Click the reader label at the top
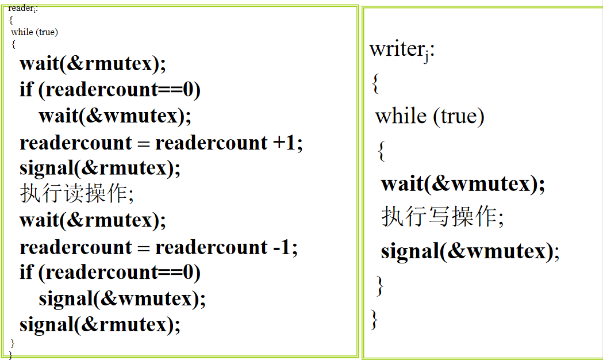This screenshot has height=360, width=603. [x=22, y=9]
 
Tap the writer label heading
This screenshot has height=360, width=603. [x=402, y=50]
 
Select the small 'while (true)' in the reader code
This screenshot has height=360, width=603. [x=34, y=32]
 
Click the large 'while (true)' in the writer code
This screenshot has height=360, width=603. [x=429, y=116]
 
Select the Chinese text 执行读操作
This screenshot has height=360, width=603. [x=74, y=193]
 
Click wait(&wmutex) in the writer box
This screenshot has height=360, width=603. [x=463, y=183]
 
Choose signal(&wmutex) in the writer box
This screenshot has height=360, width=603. [x=470, y=251]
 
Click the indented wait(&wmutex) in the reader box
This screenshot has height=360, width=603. [x=114, y=116]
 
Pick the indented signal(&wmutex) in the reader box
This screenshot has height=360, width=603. [x=122, y=299]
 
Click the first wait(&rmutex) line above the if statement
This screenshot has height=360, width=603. [x=93, y=63]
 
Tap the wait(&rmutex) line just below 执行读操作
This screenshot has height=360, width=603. [x=93, y=220]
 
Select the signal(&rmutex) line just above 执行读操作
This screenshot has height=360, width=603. [x=99, y=168]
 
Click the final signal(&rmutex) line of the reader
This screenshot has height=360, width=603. [x=99, y=325]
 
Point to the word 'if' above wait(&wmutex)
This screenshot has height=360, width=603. [x=26, y=89]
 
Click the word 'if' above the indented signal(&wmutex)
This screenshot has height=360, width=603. [x=26, y=273]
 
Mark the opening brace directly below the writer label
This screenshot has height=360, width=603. [x=376, y=83]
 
